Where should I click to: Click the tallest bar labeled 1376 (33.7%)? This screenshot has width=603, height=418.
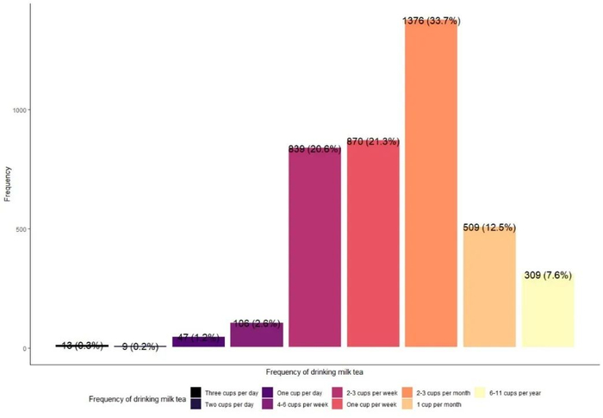click(431, 185)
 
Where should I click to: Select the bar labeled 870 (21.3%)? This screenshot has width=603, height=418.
click(373, 246)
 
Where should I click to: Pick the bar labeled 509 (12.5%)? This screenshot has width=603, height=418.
click(489, 289)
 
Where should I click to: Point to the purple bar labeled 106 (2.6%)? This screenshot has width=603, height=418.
click(257, 335)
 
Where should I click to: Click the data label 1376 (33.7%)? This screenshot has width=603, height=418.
click(431, 21)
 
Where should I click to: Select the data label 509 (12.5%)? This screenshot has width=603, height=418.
click(489, 228)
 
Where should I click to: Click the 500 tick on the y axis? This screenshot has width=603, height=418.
click(22, 229)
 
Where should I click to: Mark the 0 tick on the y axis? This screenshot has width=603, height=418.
click(25, 349)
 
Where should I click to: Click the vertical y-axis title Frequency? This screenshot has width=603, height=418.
click(8, 184)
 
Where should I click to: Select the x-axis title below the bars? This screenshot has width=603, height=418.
click(314, 372)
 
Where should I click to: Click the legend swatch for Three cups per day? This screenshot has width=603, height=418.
click(196, 392)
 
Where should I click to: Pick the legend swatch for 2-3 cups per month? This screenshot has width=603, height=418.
click(407, 392)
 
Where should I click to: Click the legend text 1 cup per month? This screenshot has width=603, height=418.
click(438, 404)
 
